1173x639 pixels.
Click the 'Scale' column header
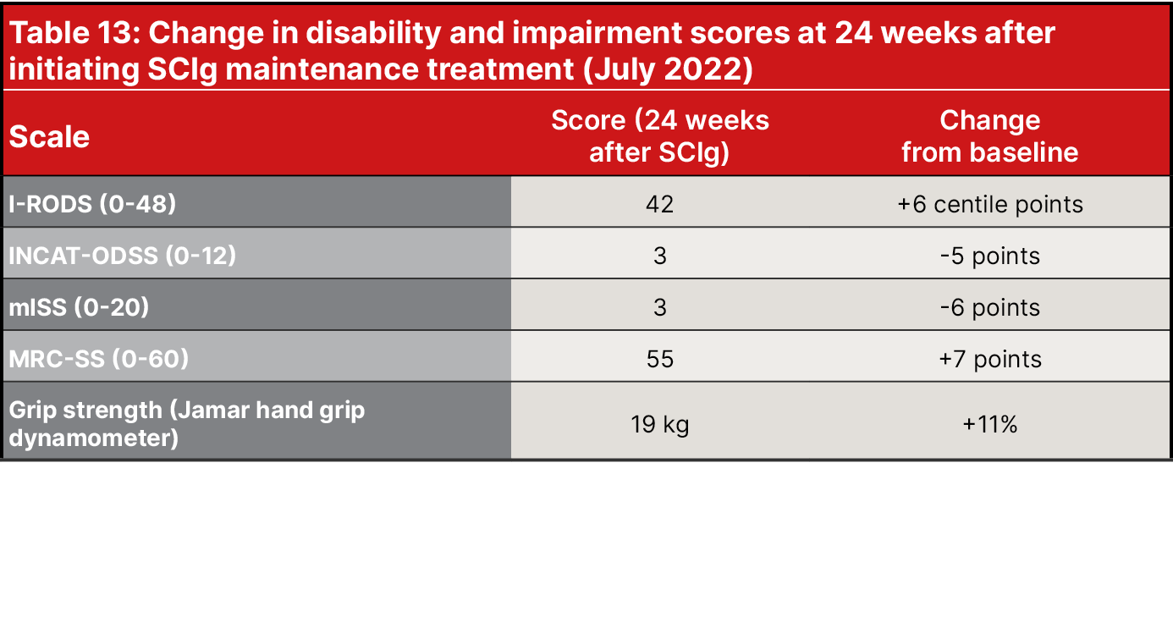pos(49,136)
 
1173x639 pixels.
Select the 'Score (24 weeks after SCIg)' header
pos(660,135)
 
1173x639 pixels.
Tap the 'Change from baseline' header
pos(989,135)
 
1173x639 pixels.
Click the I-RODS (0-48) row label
pos(92,204)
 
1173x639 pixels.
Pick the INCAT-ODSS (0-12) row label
pos(123,256)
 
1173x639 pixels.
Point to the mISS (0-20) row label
pos(79,307)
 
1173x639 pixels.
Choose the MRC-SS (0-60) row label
pos(98,359)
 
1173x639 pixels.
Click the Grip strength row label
pos(186,424)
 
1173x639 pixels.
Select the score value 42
pos(660,204)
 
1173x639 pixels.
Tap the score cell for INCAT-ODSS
pos(660,256)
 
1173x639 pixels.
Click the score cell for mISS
pos(660,307)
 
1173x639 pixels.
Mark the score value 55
pos(660,359)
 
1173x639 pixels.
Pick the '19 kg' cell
pos(660,424)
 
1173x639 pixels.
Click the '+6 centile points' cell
pos(989,204)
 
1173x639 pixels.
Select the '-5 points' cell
pos(989,256)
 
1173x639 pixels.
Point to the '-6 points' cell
pos(989,307)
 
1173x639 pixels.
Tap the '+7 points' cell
pos(989,359)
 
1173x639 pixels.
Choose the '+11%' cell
pos(989,424)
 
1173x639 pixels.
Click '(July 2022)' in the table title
pos(666,69)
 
